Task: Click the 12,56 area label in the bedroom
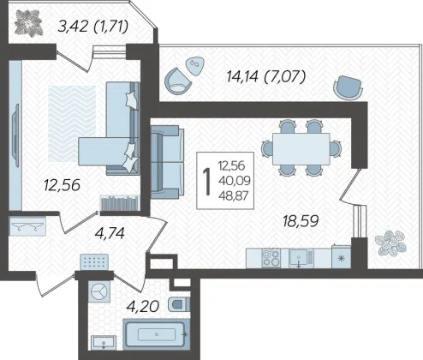point(62,185)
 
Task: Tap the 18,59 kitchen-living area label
point(301,221)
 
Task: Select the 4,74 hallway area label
point(110,233)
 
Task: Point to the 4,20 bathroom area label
point(143,307)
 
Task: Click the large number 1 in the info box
point(206,182)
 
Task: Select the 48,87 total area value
point(234,196)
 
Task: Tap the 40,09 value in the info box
point(235,181)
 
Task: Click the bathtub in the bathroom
point(157,334)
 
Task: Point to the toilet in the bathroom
point(179,304)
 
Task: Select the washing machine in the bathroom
point(98,291)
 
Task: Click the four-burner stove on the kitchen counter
point(271,258)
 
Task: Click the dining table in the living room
point(301,149)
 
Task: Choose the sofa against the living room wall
point(167,162)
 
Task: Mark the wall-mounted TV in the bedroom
point(15,135)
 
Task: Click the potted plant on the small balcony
point(29,23)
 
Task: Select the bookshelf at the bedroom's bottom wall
point(119,203)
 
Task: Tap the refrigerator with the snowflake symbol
point(341,257)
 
